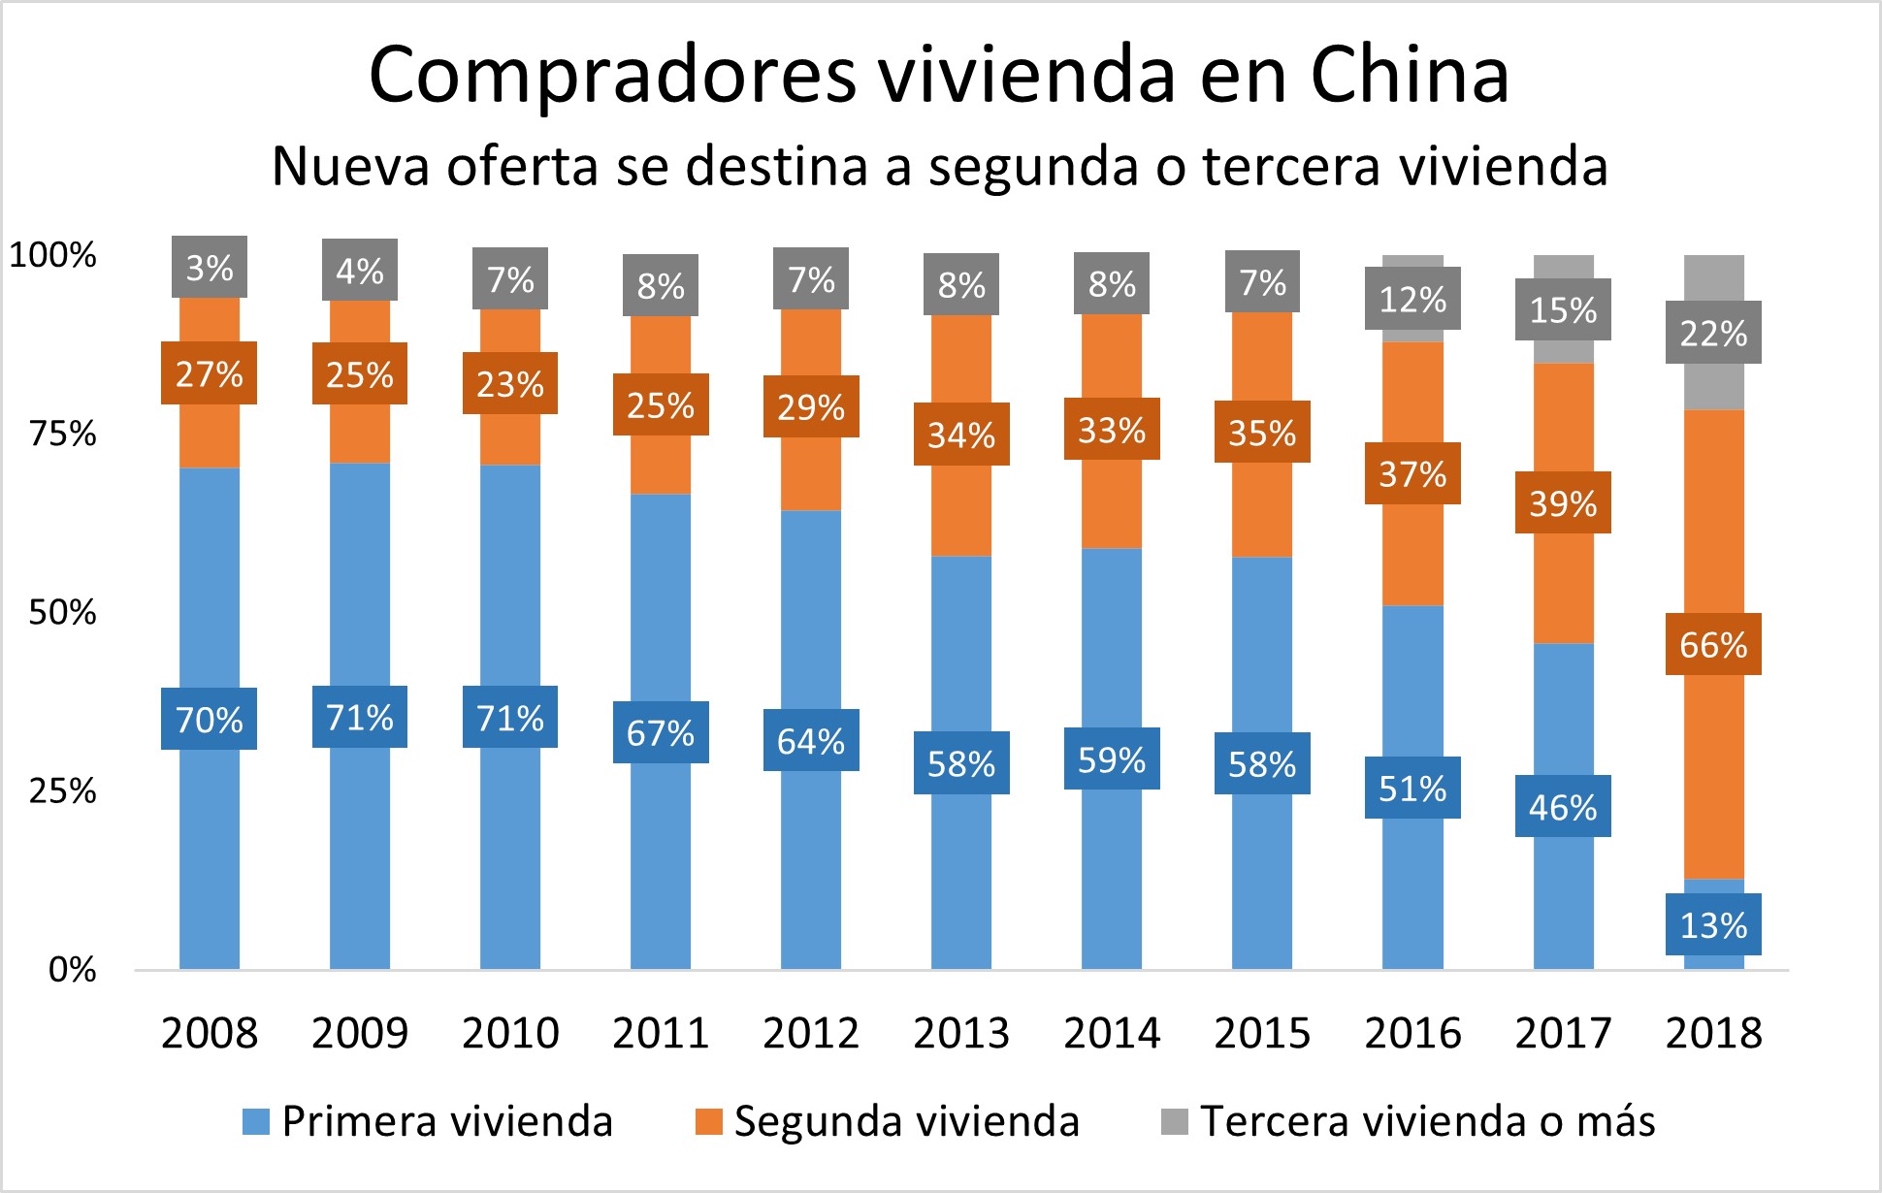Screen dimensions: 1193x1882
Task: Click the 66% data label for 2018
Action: [x=1713, y=644]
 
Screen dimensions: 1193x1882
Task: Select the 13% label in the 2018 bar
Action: [x=1713, y=924]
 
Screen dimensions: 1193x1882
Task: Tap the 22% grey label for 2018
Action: [x=1713, y=333]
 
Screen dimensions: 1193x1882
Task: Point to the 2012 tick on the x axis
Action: [x=811, y=1033]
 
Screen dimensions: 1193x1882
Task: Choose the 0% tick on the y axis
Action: [x=73, y=969]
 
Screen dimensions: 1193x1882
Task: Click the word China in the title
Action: [x=1410, y=75]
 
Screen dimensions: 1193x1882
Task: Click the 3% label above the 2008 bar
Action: [x=210, y=267]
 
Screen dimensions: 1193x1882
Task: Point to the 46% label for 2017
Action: [x=1563, y=806]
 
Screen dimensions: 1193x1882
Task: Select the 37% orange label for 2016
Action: [x=1412, y=473]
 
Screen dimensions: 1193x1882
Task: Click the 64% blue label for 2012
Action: [x=811, y=740]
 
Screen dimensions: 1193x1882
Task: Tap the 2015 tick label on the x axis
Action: [x=1262, y=1033]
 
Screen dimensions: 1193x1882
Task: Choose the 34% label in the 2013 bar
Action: [x=961, y=435]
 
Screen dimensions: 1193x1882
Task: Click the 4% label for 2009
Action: [x=360, y=270]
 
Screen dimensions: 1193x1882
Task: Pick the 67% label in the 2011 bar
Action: [x=661, y=732]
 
